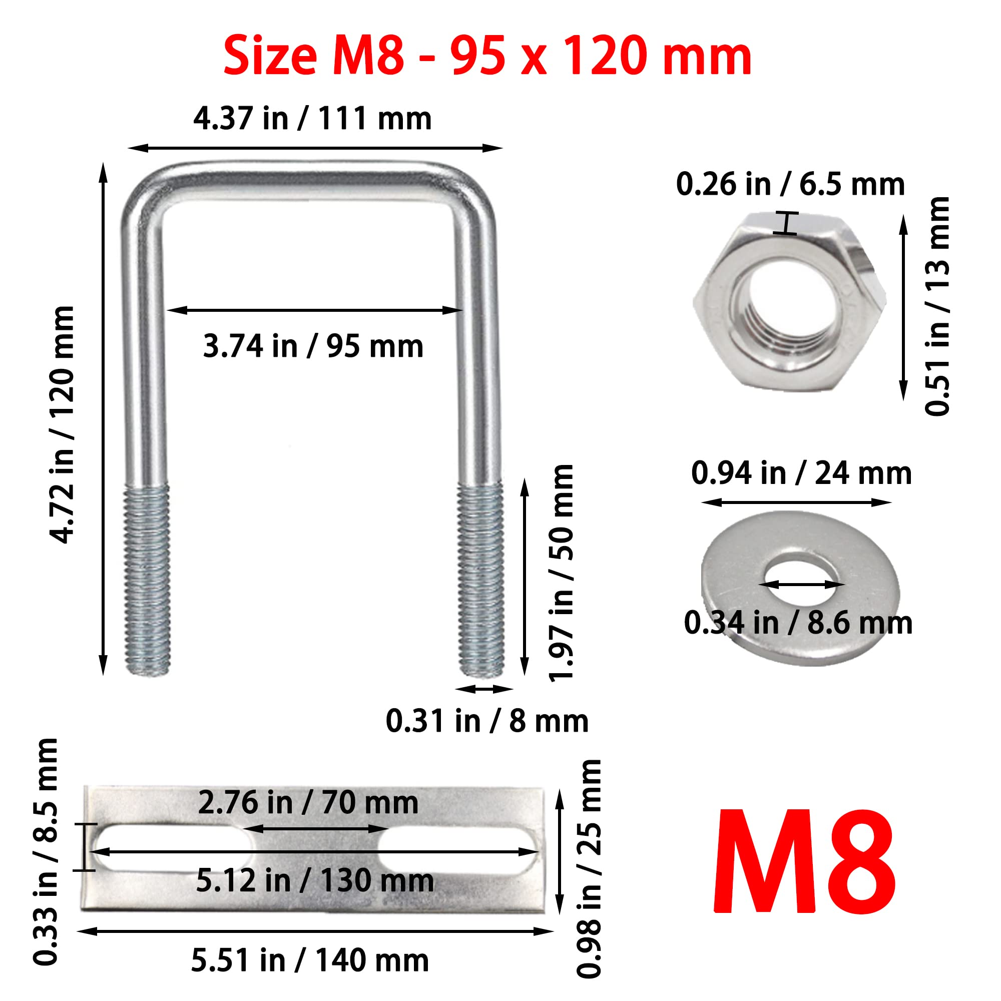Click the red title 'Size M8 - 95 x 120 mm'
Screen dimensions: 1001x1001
point(487,56)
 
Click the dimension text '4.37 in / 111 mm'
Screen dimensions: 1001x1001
point(312,118)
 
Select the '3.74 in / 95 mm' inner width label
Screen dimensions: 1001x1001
point(313,346)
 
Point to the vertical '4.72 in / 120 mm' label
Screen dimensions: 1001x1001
point(63,425)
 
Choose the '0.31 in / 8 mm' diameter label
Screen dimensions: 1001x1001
point(487,721)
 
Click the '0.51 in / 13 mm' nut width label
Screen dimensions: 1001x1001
point(937,306)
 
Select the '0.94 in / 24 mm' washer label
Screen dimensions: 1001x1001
point(801,473)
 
